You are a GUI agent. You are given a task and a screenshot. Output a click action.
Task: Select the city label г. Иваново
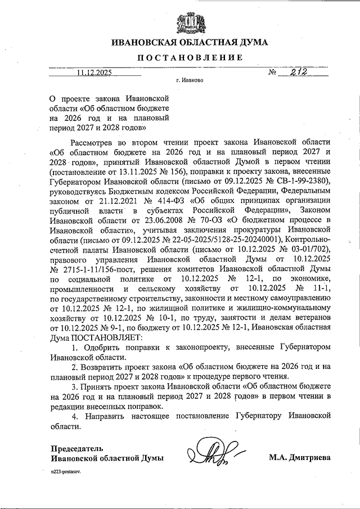point(189,80)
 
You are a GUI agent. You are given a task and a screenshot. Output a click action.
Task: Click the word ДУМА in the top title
point(251,42)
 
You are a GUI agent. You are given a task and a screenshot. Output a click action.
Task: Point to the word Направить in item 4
point(109,416)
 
